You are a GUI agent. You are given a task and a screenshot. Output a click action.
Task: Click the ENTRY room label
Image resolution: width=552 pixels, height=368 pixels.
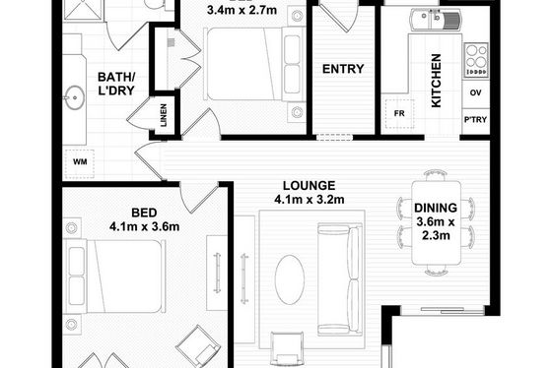tap(343, 69)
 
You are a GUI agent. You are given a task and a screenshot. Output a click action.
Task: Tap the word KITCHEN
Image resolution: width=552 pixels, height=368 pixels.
tap(436, 81)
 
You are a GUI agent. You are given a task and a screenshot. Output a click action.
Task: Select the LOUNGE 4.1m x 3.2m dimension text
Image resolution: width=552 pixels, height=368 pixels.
tap(310, 193)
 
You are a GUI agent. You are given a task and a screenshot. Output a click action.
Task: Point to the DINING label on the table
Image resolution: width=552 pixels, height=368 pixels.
tap(436, 208)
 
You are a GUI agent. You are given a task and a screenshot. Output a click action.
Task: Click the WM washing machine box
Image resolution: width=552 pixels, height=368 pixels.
tap(80, 162)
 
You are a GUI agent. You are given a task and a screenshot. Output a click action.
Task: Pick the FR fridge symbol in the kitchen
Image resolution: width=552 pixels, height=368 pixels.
tap(399, 113)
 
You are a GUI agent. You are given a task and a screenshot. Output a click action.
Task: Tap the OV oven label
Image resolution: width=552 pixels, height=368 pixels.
tap(475, 92)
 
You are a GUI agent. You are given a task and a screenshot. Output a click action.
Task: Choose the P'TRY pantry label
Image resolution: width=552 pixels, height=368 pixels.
tap(475, 119)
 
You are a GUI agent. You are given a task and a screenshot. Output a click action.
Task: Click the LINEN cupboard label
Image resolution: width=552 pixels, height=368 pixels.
tap(164, 115)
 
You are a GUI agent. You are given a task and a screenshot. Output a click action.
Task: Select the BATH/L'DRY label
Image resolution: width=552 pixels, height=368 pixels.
tap(116, 84)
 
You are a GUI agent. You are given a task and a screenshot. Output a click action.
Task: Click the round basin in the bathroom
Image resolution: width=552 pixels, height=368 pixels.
tap(74, 97)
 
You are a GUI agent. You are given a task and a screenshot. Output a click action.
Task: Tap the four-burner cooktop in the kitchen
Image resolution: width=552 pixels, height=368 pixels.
tap(476, 60)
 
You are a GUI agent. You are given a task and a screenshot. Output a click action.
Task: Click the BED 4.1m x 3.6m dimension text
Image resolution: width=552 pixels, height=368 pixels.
tap(144, 219)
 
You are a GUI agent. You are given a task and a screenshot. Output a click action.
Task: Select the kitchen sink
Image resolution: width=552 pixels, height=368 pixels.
tap(436, 20)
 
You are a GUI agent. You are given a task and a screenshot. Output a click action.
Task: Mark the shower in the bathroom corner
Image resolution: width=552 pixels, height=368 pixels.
tap(84, 10)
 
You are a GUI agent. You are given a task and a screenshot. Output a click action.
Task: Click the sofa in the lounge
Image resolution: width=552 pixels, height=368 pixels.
tap(340, 279)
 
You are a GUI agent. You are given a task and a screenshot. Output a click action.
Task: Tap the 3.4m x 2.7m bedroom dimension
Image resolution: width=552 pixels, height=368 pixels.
tap(241, 10)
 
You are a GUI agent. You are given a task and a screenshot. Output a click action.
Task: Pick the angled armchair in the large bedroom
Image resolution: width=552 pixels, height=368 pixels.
tap(198, 345)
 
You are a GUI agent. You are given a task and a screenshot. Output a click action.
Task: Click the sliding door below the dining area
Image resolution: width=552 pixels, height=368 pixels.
tap(443, 310)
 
